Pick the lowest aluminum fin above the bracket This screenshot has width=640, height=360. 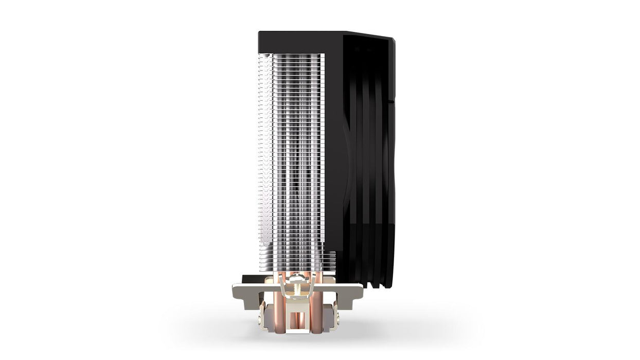(304, 267)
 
